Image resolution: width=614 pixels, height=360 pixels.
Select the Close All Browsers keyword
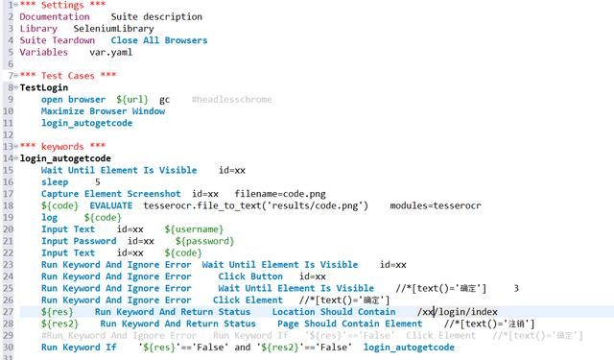(158, 40)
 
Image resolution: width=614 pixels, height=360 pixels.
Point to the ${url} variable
(132, 99)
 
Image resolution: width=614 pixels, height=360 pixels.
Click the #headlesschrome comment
(231, 99)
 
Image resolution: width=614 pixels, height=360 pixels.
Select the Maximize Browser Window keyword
(103, 110)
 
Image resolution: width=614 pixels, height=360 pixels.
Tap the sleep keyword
(55, 181)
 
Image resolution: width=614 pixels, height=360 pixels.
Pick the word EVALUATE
(111, 205)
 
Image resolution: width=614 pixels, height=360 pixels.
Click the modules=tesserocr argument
(437, 205)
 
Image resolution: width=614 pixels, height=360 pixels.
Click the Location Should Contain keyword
(333, 312)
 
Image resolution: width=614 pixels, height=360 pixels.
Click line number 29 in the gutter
(9, 335)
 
